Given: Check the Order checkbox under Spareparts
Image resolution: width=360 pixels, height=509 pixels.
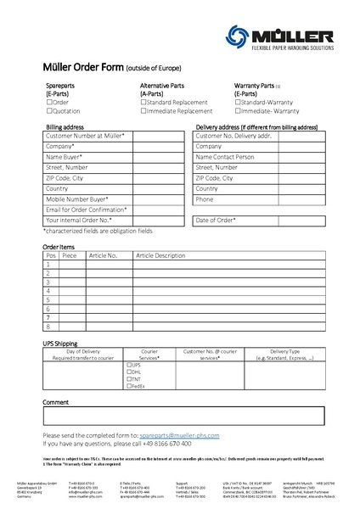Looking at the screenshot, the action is tap(49, 102).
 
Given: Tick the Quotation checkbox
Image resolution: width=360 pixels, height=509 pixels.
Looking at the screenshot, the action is tap(49, 110).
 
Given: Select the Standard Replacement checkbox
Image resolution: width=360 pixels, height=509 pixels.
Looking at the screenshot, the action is tap(143, 102).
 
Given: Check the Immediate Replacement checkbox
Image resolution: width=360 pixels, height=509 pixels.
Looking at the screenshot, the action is tap(143, 110).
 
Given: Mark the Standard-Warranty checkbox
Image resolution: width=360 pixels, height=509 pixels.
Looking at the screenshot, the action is tap(238, 102).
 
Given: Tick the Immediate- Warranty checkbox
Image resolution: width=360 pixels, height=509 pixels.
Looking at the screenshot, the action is tap(238, 110).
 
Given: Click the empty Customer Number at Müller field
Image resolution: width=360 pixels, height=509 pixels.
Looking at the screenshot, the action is tap(159, 136).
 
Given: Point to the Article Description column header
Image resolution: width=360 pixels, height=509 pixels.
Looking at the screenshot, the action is tap(160, 255).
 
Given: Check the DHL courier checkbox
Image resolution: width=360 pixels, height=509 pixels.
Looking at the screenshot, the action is tap(129, 372).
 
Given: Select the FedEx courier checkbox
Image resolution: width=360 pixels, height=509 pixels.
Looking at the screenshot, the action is tap(129, 386).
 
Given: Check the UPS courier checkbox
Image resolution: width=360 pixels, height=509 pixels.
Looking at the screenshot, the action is tap(129, 365).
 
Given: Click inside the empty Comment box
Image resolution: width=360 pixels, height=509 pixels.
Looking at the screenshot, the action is tap(183, 416).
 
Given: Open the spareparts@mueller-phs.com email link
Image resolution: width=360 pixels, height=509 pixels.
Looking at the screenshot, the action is tap(183, 435).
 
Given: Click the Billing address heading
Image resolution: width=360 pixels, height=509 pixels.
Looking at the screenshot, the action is tap(65, 126).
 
